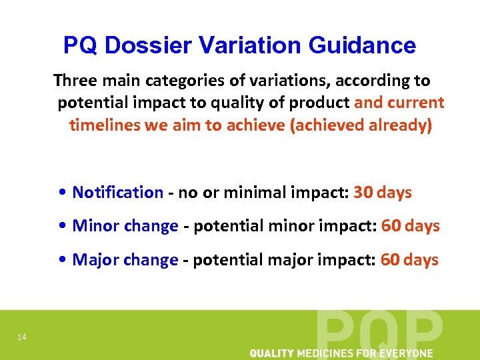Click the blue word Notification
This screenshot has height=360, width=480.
[x=117, y=193]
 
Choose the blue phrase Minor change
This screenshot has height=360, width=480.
[x=125, y=226]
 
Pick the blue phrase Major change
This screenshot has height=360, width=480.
[x=125, y=259]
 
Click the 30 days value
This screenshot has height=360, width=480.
[x=383, y=193]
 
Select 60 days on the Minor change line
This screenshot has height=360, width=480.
[x=410, y=226]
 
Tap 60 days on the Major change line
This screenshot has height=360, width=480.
[x=409, y=259]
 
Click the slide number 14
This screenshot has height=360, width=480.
[x=22, y=337]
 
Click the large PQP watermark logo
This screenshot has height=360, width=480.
[x=379, y=330]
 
